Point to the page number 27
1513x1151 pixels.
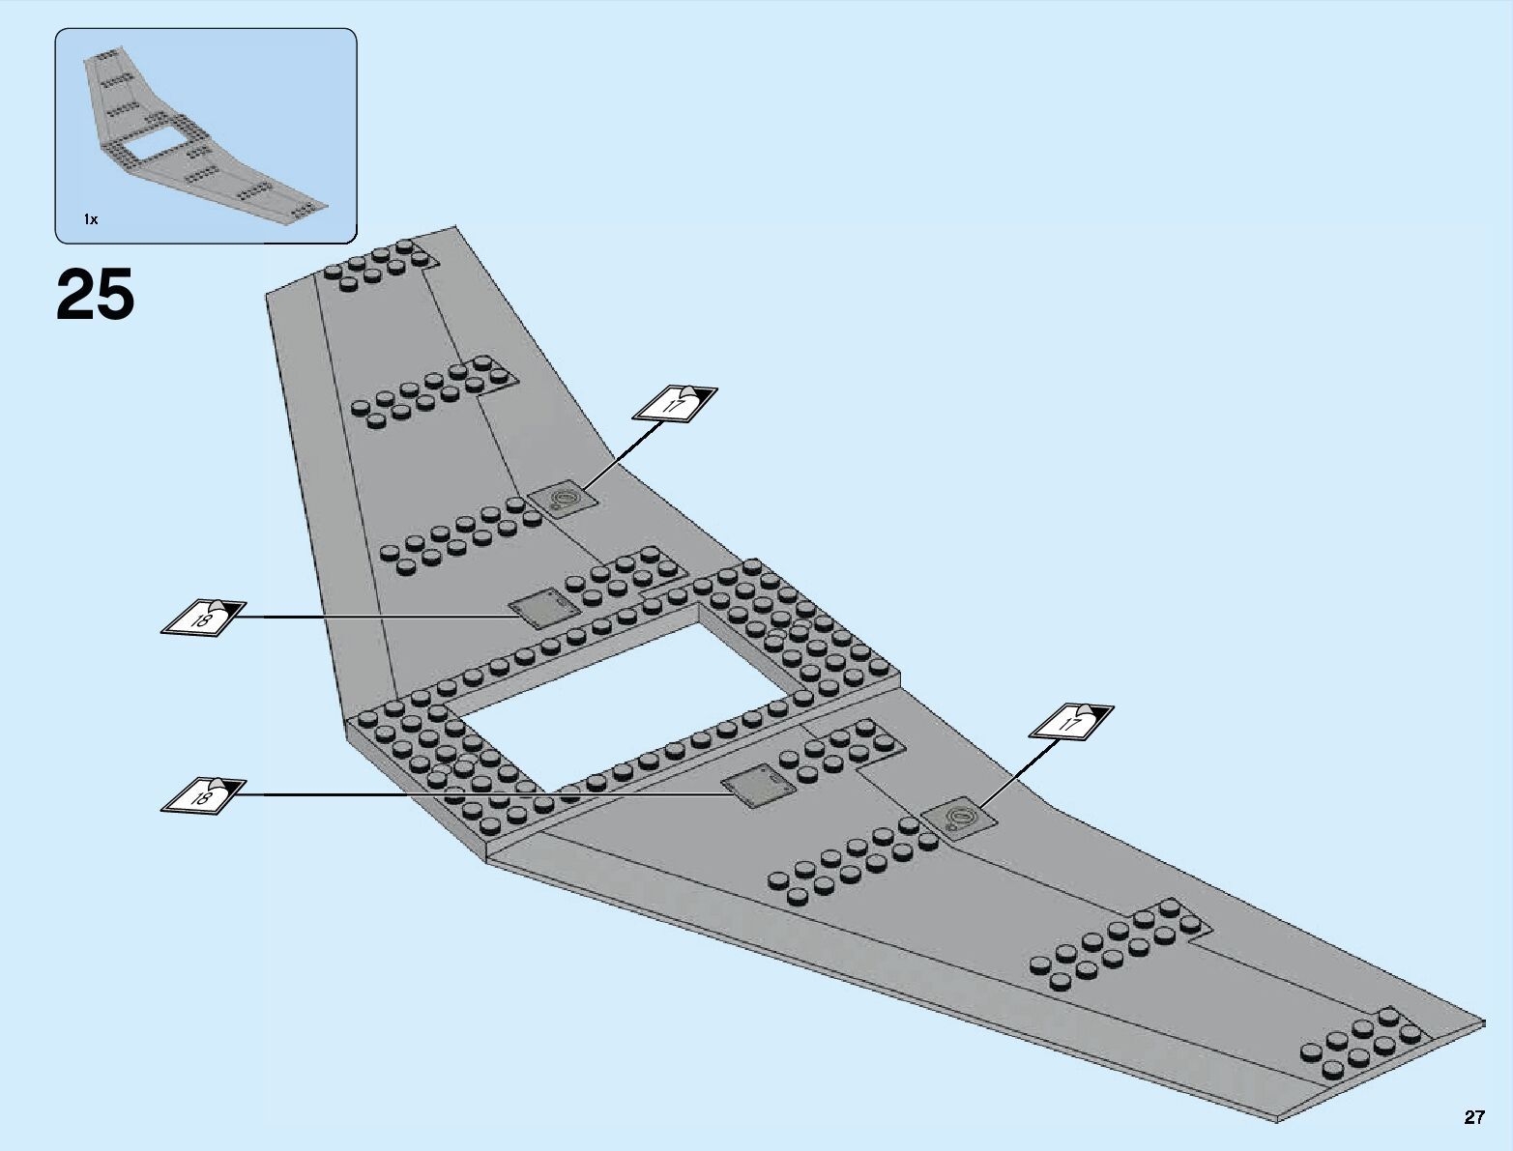(1472, 1118)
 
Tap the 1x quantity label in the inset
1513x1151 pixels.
(90, 220)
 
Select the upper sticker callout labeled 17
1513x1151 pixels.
(675, 403)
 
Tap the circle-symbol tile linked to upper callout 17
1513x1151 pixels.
(561, 500)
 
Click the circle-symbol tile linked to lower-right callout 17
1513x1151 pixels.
(959, 820)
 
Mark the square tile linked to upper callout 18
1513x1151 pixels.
(541, 612)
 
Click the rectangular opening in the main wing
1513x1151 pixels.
(628, 696)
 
